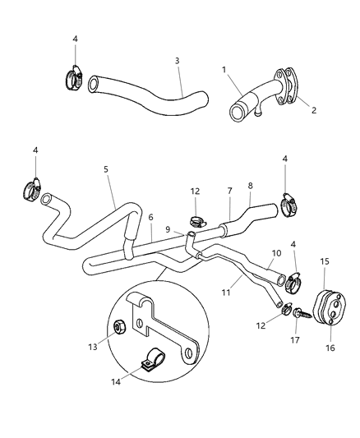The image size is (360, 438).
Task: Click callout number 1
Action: [x=223, y=71]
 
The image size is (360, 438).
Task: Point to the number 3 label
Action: [x=177, y=60]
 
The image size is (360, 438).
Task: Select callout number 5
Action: [x=105, y=169]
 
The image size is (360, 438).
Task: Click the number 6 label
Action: [x=150, y=217]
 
